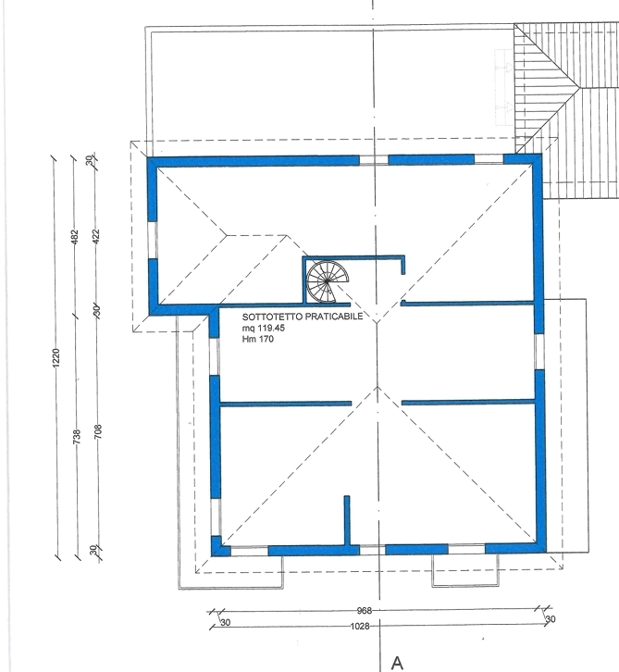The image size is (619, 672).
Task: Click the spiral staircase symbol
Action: point(327,281)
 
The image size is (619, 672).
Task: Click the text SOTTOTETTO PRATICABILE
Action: point(303,317)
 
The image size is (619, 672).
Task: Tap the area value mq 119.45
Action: point(264,328)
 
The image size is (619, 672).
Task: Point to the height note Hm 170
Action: point(258,339)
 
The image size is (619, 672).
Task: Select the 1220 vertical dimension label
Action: point(56,357)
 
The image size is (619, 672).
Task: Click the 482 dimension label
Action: point(75,237)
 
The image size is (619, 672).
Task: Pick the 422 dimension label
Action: point(95,236)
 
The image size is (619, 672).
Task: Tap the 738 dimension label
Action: point(77,436)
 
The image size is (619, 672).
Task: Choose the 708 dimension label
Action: point(98,431)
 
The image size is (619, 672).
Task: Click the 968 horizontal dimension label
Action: point(365,610)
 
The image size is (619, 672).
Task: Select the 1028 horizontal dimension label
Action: point(360,626)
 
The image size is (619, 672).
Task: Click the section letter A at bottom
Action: point(397,663)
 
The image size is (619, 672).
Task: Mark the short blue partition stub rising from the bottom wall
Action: point(347,521)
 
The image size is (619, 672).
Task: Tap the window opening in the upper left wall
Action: point(152,240)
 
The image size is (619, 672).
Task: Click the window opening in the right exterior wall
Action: point(539,352)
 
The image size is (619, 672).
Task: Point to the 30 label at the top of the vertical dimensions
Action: point(89,160)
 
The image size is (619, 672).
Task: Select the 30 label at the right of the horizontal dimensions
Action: point(551,619)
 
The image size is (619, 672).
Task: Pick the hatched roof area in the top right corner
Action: point(566,110)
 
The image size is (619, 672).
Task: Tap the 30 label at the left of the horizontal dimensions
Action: point(226,622)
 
